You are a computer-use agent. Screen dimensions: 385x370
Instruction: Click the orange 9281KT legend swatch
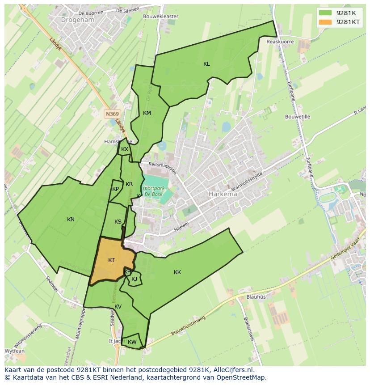(x=325, y=22)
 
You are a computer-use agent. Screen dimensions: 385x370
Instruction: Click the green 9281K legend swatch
(x=325, y=13)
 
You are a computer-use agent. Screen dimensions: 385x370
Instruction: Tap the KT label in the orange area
(x=112, y=260)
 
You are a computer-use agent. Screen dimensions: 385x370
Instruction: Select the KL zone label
(x=206, y=64)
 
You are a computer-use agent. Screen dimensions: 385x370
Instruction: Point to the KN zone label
(x=71, y=220)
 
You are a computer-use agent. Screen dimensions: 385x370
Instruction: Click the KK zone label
(x=177, y=272)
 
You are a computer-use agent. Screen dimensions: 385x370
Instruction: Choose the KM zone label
(x=147, y=113)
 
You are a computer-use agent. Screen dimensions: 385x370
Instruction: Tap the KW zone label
(x=132, y=342)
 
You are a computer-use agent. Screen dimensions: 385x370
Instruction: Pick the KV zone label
(x=118, y=307)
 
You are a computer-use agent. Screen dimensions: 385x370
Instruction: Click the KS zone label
(x=118, y=222)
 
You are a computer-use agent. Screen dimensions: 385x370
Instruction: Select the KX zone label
(x=125, y=149)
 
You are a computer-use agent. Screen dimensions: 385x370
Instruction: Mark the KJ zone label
(x=134, y=279)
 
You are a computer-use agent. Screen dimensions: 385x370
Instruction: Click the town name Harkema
(x=223, y=194)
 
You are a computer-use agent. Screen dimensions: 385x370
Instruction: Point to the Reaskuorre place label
(x=280, y=42)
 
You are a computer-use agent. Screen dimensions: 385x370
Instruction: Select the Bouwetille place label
(x=298, y=117)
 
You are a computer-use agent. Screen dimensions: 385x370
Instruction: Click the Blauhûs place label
(x=256, y=296)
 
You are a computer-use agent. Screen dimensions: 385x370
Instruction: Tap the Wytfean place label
(x=15, y=351)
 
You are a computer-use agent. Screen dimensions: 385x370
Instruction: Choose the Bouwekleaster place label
(x=160, y=17)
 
